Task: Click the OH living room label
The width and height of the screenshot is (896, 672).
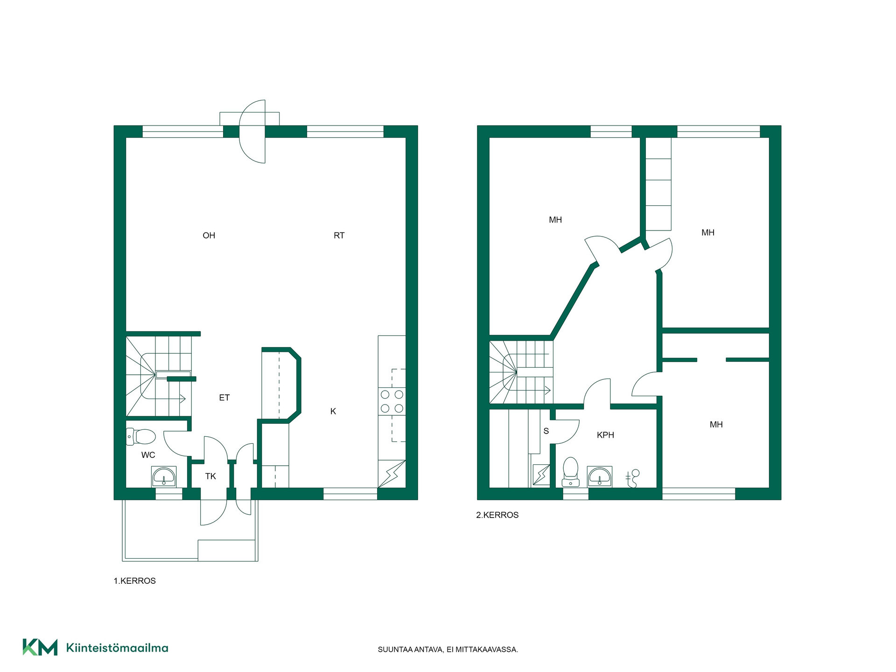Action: tap(209, 236)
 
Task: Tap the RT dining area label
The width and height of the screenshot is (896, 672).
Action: tap(339, 236)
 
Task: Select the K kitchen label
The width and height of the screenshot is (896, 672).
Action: tap(333, 411)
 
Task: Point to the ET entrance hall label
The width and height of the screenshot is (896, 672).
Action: tap(224, 398)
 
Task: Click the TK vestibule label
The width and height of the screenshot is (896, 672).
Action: tap(210, 476)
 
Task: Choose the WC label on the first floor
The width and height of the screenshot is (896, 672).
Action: tap(148, 455)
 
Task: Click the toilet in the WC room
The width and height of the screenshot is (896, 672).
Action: tap(141, 437)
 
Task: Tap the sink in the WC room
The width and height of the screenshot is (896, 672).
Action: tap(164, 476)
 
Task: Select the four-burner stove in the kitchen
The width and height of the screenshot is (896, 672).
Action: tap(392, 401)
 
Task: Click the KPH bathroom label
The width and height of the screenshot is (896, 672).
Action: tap(605, 435)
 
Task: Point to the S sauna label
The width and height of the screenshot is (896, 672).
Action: tap(546, 431)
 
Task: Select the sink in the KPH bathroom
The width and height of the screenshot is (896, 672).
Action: tap(600, 476)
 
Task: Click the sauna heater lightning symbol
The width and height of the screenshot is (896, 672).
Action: tap(541, 475)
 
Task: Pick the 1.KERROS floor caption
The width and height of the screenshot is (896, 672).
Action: tap(135, 581)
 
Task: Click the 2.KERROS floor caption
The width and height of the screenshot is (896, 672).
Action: tap(497, 515)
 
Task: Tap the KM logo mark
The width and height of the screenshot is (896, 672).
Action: tap(40, 647)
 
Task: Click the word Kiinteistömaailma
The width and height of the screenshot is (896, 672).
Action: tap(117, 648)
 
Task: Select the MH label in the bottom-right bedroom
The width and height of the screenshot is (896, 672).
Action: tap(716, 425)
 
